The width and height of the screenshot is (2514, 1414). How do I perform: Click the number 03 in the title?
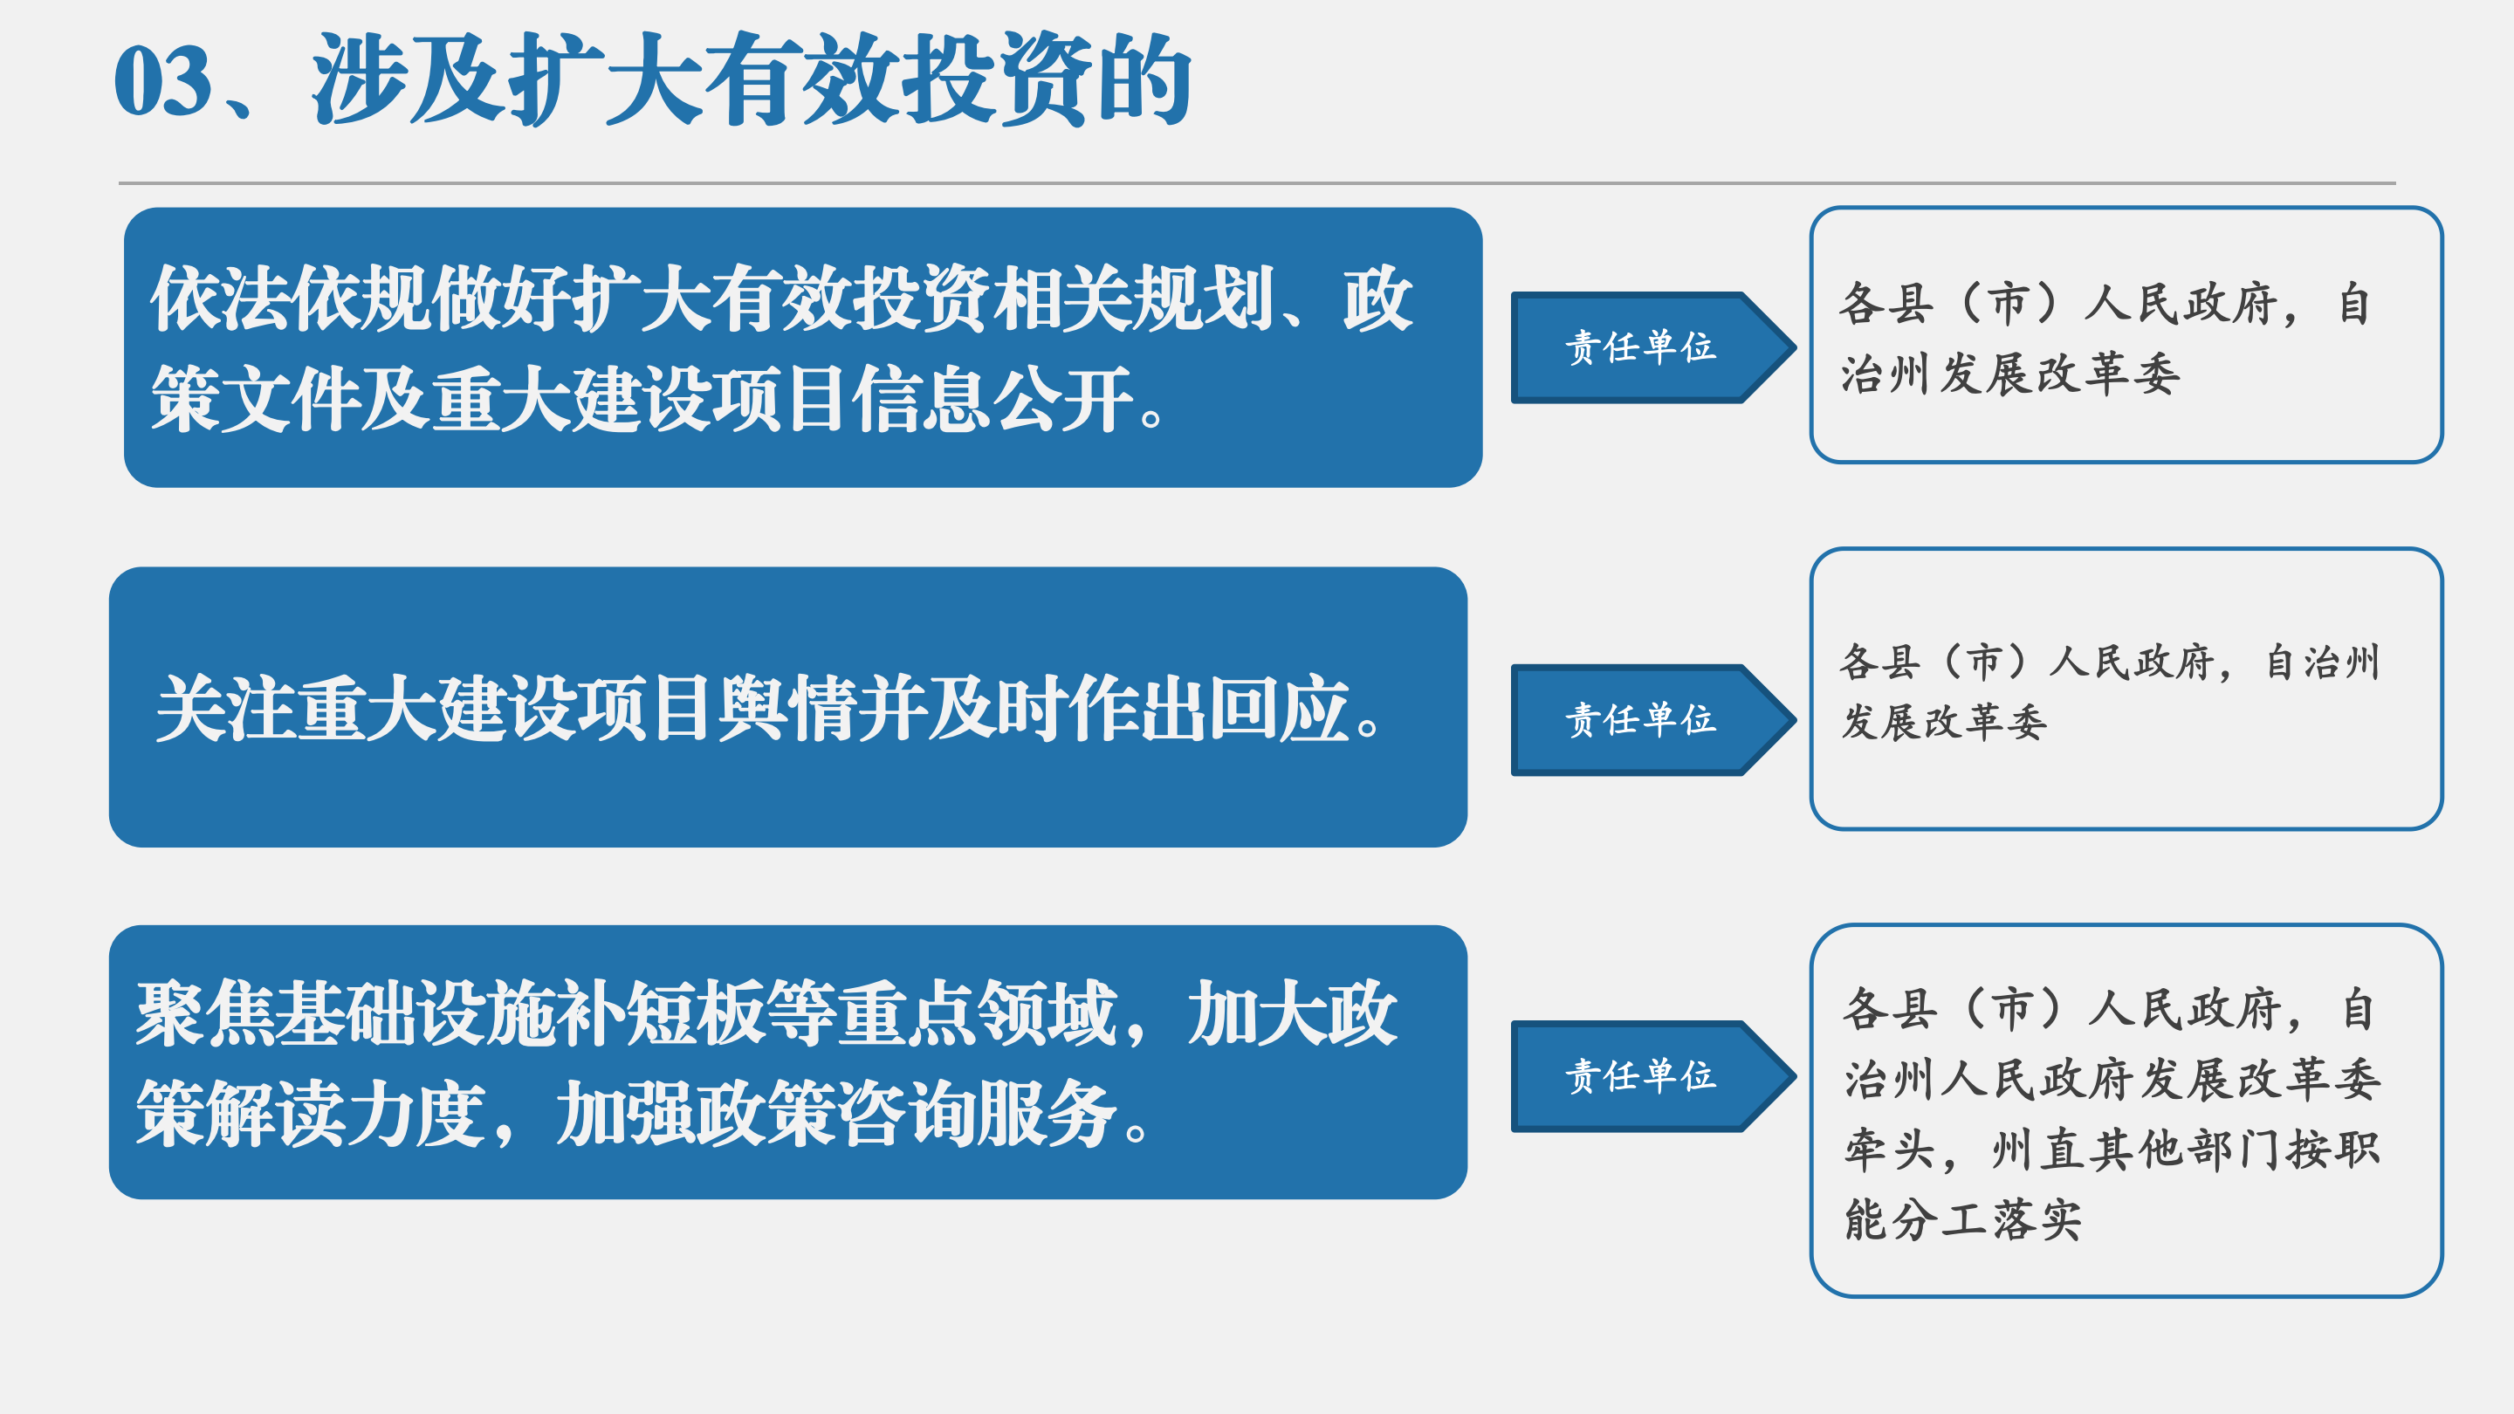(x=163, y=82)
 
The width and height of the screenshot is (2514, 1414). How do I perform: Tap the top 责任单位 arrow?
(x=1653, y=347)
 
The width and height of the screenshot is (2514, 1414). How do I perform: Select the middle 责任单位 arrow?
(x=1653, y=720)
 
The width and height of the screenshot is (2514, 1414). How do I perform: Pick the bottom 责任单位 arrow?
(x=1653, y=1076)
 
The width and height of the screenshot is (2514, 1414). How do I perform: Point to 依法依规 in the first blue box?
(x=290, y=299)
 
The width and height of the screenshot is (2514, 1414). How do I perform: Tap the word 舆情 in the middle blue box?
(x=787, y=709)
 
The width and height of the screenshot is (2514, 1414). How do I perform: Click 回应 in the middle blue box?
(x=1280, y=709)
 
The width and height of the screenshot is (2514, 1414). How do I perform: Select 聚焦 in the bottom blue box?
(x=205, y=1014)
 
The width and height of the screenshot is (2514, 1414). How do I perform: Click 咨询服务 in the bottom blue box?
(x=979, y=1114)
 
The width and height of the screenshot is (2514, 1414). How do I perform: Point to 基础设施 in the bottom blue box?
(x=415, y=1014)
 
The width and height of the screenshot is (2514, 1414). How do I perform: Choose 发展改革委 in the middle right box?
(x=1944, y=722)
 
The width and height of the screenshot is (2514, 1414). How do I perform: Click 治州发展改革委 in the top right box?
(x=2010, y=374)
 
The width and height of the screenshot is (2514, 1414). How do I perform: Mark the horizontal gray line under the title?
(x=1257, y=182)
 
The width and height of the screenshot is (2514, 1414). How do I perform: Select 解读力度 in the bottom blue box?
(x=347, y=1114)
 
